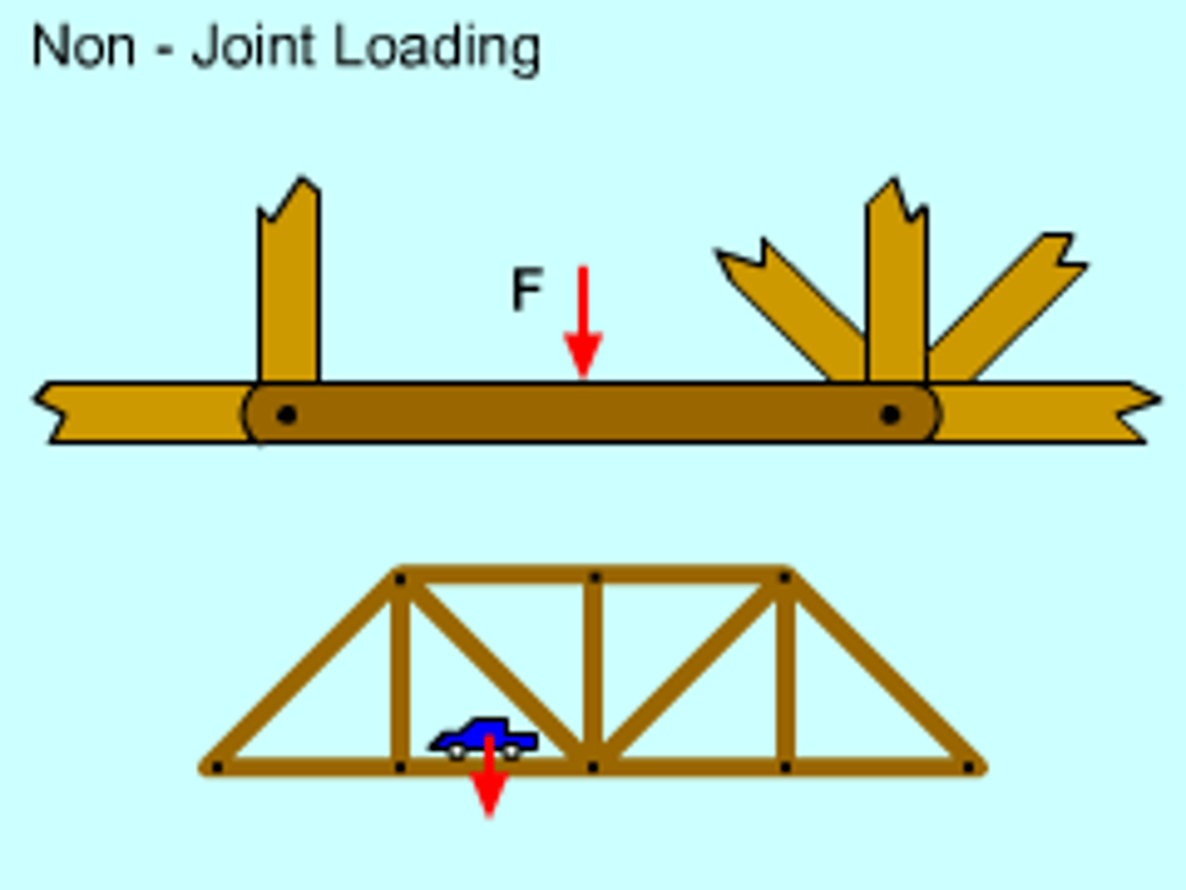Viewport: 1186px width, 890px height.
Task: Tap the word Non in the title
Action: (x=83, y=48)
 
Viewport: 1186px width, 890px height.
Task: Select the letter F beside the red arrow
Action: (x=526, y=289)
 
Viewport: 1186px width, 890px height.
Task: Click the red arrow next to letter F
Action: (x=583, y=321)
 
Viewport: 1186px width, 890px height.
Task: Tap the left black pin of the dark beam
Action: (x=286, y=414)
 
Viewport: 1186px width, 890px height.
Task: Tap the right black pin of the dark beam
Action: (x=889, y=414)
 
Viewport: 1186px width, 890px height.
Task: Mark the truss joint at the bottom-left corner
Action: (x=217, y=768)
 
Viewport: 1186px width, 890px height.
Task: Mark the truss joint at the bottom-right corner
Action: (x=969, y=768)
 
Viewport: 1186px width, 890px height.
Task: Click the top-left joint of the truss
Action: (x=400, y=579)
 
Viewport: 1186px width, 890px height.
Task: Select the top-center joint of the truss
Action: (x=594, y=578)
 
